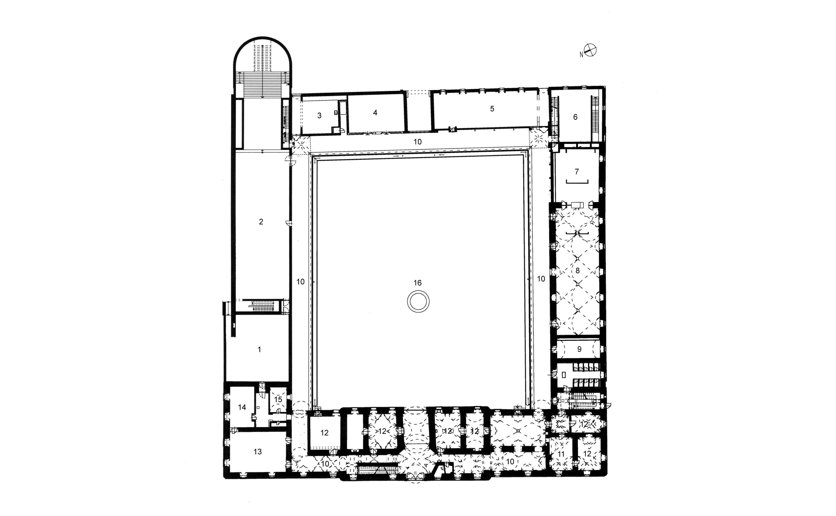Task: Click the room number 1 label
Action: click(259, 349)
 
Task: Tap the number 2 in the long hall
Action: click(261, 222)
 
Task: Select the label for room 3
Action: click(319, 116)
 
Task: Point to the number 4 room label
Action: click(375, 113)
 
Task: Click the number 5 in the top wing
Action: click(492, 109)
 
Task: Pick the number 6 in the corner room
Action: click(575, 117)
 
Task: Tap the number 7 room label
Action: click(577, 171)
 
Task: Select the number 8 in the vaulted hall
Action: click(578, 271)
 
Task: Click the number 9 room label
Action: click(579, 349)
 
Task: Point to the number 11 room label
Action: click(561, 454)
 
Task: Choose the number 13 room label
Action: click(258, 451)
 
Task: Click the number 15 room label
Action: click(278, 399)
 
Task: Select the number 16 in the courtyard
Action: click(417, 283)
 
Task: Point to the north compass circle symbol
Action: click(590, 50)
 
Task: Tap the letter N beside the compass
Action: click(581, 55)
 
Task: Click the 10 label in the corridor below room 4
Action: click(417, 142)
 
